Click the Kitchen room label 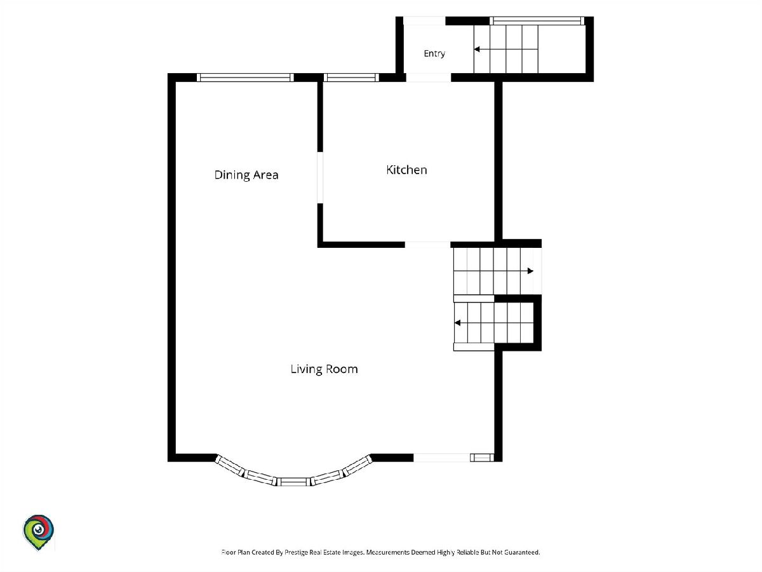pyautogui.click(x=406, y=170)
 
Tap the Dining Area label pyautogui.click(x=246, y=175)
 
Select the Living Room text pyautogui.click(x=324, y=369)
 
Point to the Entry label pyautogui.click(x=434, y=53)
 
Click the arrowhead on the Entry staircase pyautogui.click(x=477, y=50)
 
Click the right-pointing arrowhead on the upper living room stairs pyautogui.click(x=530, y=271)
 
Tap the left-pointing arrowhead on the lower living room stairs pyautogui.click(x=458, y=323)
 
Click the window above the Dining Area pyautogui.click(x=245, y=78)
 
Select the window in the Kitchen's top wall pyautogui.click(x=351, y=78)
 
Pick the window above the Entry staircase pyautogui.click(x=537, y=21)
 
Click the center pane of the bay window pyautogui.click(x=294, y=482)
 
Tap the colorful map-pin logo pyautogui.click(x=38, y=532)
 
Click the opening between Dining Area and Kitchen pyautogui.click(x=320, y=177)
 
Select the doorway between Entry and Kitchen pyautogui.click(x=429, y=78)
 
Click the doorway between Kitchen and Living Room pyautogui.click(x=428, y=245)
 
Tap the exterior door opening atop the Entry pyautogui.click(x=424, y=21)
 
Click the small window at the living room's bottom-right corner pyautogui.click(x=482, y=458)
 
